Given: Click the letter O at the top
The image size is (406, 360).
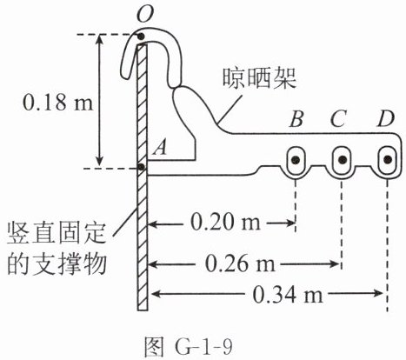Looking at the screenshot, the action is tap(144, 14).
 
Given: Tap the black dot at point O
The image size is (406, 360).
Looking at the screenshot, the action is tap(141, 37).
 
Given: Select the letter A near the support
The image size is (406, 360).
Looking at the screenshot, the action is tap(160, 150).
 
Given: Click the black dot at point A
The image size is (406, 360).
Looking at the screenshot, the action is tap(142, 167).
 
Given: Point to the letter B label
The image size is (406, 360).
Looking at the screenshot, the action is tap(296, 119).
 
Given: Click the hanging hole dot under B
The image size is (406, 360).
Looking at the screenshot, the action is tap(296, 159).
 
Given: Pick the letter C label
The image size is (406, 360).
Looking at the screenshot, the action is tap(338, 119).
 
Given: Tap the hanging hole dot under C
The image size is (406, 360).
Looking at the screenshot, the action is tap(343, 159).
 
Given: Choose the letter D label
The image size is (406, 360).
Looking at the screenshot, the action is tap(386, 119).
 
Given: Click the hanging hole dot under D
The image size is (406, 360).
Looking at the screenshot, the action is tap(388, 159).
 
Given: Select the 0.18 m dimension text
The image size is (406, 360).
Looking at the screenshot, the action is tap(58, 102).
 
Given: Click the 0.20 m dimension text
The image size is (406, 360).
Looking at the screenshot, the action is tap(225, 223).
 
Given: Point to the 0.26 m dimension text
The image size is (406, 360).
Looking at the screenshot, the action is tap(240, 264).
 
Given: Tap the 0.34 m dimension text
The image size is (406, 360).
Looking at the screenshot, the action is tap(288, 295).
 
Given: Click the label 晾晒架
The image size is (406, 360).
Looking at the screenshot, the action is tap(259, 79).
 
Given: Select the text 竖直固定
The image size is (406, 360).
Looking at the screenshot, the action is tap(56, 233).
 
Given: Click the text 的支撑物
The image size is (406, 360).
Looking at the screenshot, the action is tap(56, 264).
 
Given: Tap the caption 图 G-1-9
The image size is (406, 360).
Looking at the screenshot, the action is tap(189, 347).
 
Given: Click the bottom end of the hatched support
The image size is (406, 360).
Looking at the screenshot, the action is tap(143, 310).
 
